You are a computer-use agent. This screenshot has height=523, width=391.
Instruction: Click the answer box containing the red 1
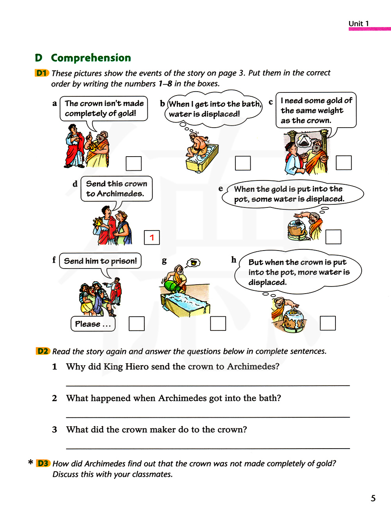(x=152, y=237)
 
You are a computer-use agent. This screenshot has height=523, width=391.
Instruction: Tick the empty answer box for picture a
(x=133, y=163)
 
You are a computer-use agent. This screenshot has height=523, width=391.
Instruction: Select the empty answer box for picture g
(x=218, y=323)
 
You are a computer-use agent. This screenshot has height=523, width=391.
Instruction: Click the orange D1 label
(x=42, y=73)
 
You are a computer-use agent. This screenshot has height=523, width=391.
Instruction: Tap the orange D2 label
(x=43, y=351)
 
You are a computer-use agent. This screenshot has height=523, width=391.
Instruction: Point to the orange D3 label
(x=43, y=463)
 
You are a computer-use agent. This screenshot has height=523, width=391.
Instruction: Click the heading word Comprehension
(x=91, y=58)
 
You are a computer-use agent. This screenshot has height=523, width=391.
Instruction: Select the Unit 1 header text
(x=359, y=23)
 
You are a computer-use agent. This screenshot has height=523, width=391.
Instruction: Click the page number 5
(x=373, y=498)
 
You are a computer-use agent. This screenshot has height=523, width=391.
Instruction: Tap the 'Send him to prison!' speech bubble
(x=100, y=261)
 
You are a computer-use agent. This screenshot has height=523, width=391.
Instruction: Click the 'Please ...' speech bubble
(x=93, y=324)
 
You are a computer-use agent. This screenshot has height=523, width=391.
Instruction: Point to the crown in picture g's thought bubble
(x=194, y=263)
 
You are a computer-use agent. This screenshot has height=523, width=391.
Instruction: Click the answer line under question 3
(x=208, y=448)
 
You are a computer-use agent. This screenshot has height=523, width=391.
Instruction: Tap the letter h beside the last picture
(x=234, y=260)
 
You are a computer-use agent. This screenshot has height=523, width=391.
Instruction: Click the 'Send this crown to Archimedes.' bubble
(x=116, y=189)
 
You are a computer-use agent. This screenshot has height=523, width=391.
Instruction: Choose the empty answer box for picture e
(x=333, y=237)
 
